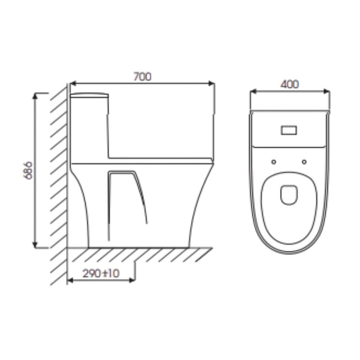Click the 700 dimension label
(x=143, y=77)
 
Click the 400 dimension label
(x=290, y=84)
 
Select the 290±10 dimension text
(x=101, y=274)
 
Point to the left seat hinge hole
(x=274, y=162)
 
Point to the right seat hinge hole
(x=305, y=162)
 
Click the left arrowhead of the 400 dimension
(x=252, y=91)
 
